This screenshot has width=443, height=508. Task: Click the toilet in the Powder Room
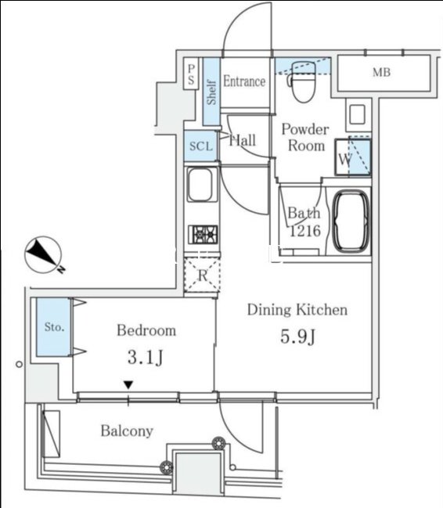click(303, 81)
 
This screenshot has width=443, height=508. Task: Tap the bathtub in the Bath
click(351, 222)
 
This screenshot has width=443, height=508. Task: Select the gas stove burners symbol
click(203, 235)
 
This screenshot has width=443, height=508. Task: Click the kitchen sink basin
click(200, 185)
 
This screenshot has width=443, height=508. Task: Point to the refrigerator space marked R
click(203, 275)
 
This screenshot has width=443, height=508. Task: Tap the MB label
click(381, 72)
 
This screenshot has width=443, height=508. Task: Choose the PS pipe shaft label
click(192, 74)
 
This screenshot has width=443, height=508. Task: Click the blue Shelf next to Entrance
click(211, 92)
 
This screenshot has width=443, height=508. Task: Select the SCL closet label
click(201, 146)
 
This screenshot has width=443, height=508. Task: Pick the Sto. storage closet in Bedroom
click(53, 327)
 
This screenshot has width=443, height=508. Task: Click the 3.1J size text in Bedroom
click(145, 358)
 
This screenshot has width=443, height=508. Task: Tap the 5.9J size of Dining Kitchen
click(297, 337)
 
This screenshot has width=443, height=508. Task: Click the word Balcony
click(127, 431)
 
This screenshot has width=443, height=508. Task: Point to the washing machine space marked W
click(353, 157)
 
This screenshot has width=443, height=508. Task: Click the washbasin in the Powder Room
click(357, 114)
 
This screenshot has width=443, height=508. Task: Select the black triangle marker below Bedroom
click(128, 385)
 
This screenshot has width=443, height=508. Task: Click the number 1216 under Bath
click(305, 231)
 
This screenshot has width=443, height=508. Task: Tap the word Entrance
click(244, 81)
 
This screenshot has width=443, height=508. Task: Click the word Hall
click(243, 141)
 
